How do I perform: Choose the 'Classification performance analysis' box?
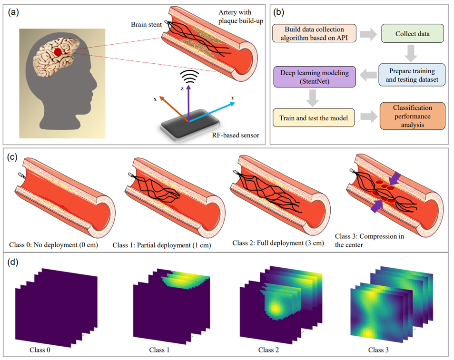point(413,116)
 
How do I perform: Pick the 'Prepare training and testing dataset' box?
point(412,75)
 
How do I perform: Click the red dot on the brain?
point(58,52)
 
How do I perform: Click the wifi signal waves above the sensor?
point(189,76)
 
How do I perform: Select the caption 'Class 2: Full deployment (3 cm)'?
point(278,243)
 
